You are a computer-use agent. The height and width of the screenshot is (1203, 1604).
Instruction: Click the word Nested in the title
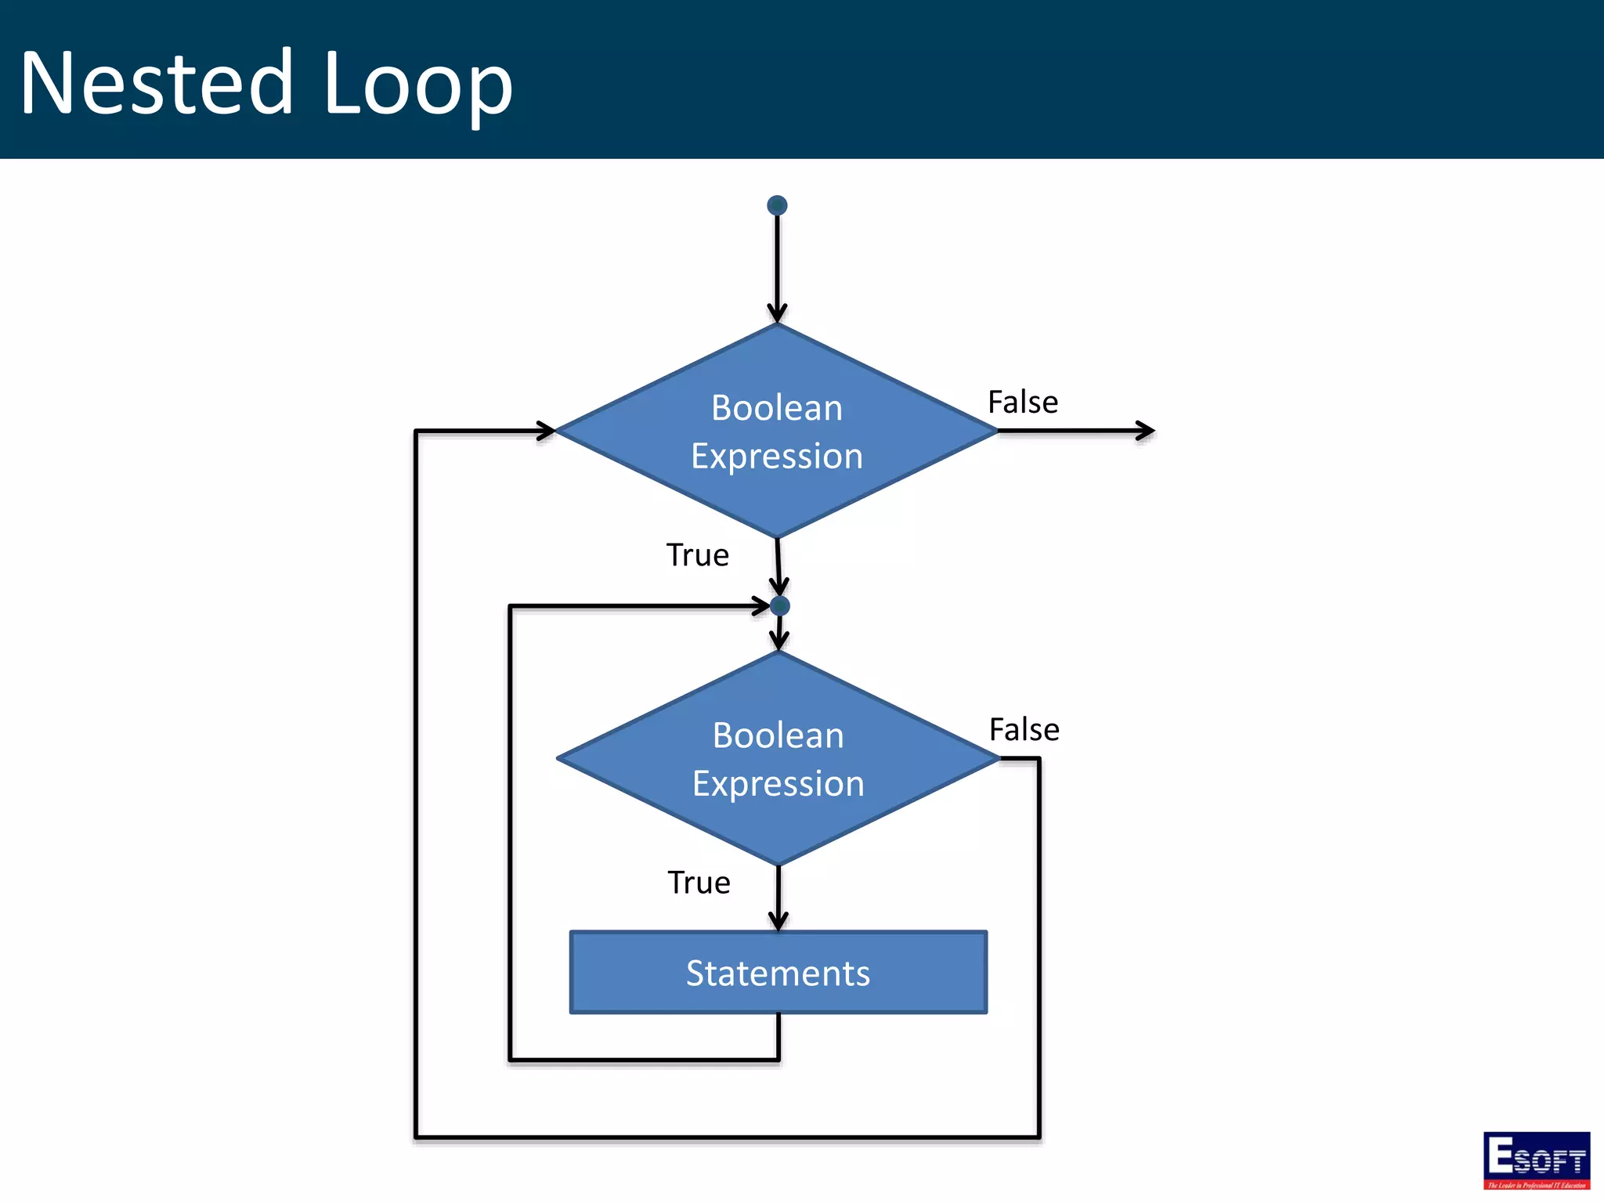tap(157, 82)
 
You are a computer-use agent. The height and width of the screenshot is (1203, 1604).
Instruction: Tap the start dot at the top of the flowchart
tap(777, 205)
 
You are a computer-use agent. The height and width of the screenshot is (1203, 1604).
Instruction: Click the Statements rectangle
tap(779, 973)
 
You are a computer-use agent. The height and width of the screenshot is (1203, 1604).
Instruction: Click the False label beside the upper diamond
tap(1023, 403)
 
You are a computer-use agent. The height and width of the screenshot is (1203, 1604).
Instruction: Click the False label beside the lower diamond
tap(1024, 730)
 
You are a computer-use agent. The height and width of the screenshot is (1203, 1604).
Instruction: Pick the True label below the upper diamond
tap(698, 555)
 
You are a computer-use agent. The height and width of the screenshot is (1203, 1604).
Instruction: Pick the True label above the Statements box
tap(699, 883)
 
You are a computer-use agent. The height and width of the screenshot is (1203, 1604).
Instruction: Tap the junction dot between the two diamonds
tap(780, 605)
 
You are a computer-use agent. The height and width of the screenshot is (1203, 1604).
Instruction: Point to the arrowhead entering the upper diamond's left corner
tap(547, 430)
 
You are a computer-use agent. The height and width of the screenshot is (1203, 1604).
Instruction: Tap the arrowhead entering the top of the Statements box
tap(779, 922)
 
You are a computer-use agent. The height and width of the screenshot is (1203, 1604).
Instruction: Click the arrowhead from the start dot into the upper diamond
tap(777, 313)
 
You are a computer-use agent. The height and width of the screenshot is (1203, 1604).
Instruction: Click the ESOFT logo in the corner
tap(1537, 1160)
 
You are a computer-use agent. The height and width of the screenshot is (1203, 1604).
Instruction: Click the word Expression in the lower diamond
tap(779, 783)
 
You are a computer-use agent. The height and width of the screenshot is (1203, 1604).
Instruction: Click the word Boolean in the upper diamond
tap(777, 408)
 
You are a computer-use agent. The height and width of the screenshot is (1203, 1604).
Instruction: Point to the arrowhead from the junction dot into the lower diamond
tap(779, 641)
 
